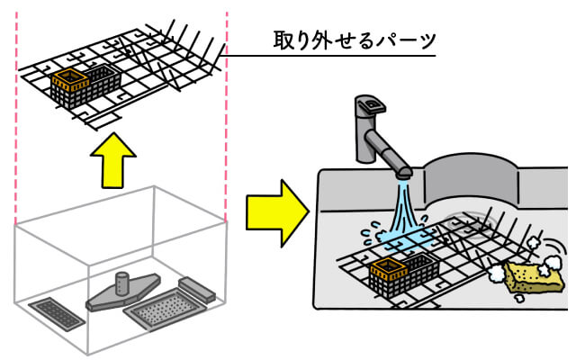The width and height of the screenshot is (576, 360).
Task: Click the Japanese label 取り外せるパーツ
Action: (x=355, y=40)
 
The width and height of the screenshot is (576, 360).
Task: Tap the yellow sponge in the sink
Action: (x=535, y=275)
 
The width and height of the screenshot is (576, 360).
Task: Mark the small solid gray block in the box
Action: (x=197, y=288)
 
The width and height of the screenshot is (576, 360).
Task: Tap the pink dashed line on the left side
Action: (x=15, y=117)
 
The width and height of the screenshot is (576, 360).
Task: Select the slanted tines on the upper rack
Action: (x=189, y=40)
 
